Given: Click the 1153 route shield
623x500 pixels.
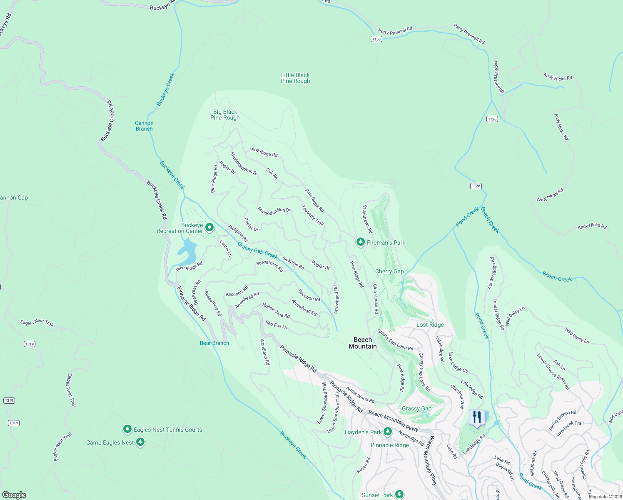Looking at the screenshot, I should tap(376, 39).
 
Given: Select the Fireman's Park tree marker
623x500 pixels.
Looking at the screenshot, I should tap(360, 242).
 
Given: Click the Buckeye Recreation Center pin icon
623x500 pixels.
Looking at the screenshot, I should tap(209, 227).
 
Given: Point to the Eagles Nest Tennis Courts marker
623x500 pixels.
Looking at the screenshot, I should tap(127, 429).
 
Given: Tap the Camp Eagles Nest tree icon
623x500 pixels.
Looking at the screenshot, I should tap(140, 442).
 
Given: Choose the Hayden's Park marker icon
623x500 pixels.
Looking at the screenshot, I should tap(387, 432).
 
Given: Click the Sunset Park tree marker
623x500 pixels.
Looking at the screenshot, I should tap(399, 495).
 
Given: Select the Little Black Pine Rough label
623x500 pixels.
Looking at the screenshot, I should tap(295, 78).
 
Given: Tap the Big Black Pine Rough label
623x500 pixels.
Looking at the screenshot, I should tap(225, 115).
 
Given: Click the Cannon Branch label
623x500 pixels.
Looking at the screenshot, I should tap(144, 126).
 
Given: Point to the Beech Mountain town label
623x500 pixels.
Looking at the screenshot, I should tap(362, 343).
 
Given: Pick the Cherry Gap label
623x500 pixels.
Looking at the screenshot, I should tap(389, 271).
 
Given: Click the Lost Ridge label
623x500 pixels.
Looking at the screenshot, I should tap(430, 325).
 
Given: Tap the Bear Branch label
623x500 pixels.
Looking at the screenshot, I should tap(214, 343).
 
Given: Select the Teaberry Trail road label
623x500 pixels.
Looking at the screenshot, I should tap(313, 215).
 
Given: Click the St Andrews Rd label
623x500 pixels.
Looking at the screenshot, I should tap(367, 219).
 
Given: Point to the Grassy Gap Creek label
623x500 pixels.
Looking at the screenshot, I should tap(257, 251).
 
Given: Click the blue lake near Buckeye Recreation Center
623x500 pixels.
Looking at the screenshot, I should tap(188, 252).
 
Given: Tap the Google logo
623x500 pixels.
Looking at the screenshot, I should tap(14, 495).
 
